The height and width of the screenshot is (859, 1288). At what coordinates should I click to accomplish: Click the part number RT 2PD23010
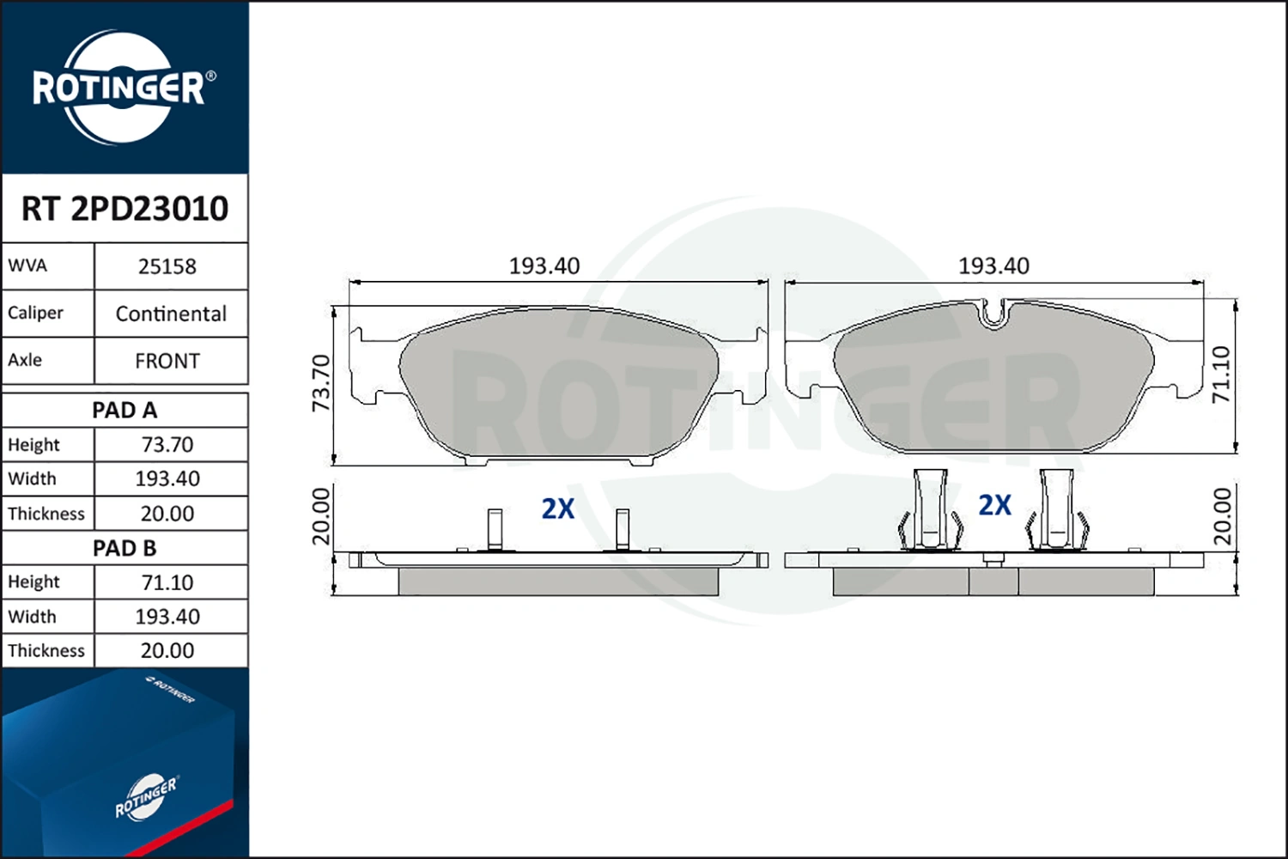(x=125, y=208)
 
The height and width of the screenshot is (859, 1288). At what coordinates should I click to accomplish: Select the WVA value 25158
(x=167, y=267)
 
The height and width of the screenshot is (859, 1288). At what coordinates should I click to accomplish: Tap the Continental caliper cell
(x=171, y=314)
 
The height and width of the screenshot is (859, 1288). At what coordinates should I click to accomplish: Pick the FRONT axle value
(x=167, y=362)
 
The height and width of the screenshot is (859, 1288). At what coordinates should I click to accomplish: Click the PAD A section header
(x=125, y=411)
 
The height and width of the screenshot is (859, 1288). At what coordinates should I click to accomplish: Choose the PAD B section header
(x=125, y=548)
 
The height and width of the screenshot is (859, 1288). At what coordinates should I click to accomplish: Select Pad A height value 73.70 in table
(x=167, y=445)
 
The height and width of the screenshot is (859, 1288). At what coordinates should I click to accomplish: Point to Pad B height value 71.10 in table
(x=167, y=582)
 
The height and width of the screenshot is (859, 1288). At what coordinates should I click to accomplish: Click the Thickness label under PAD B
(x=46, y=651)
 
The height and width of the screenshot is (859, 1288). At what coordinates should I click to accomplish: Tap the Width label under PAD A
(x=33, y=478)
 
